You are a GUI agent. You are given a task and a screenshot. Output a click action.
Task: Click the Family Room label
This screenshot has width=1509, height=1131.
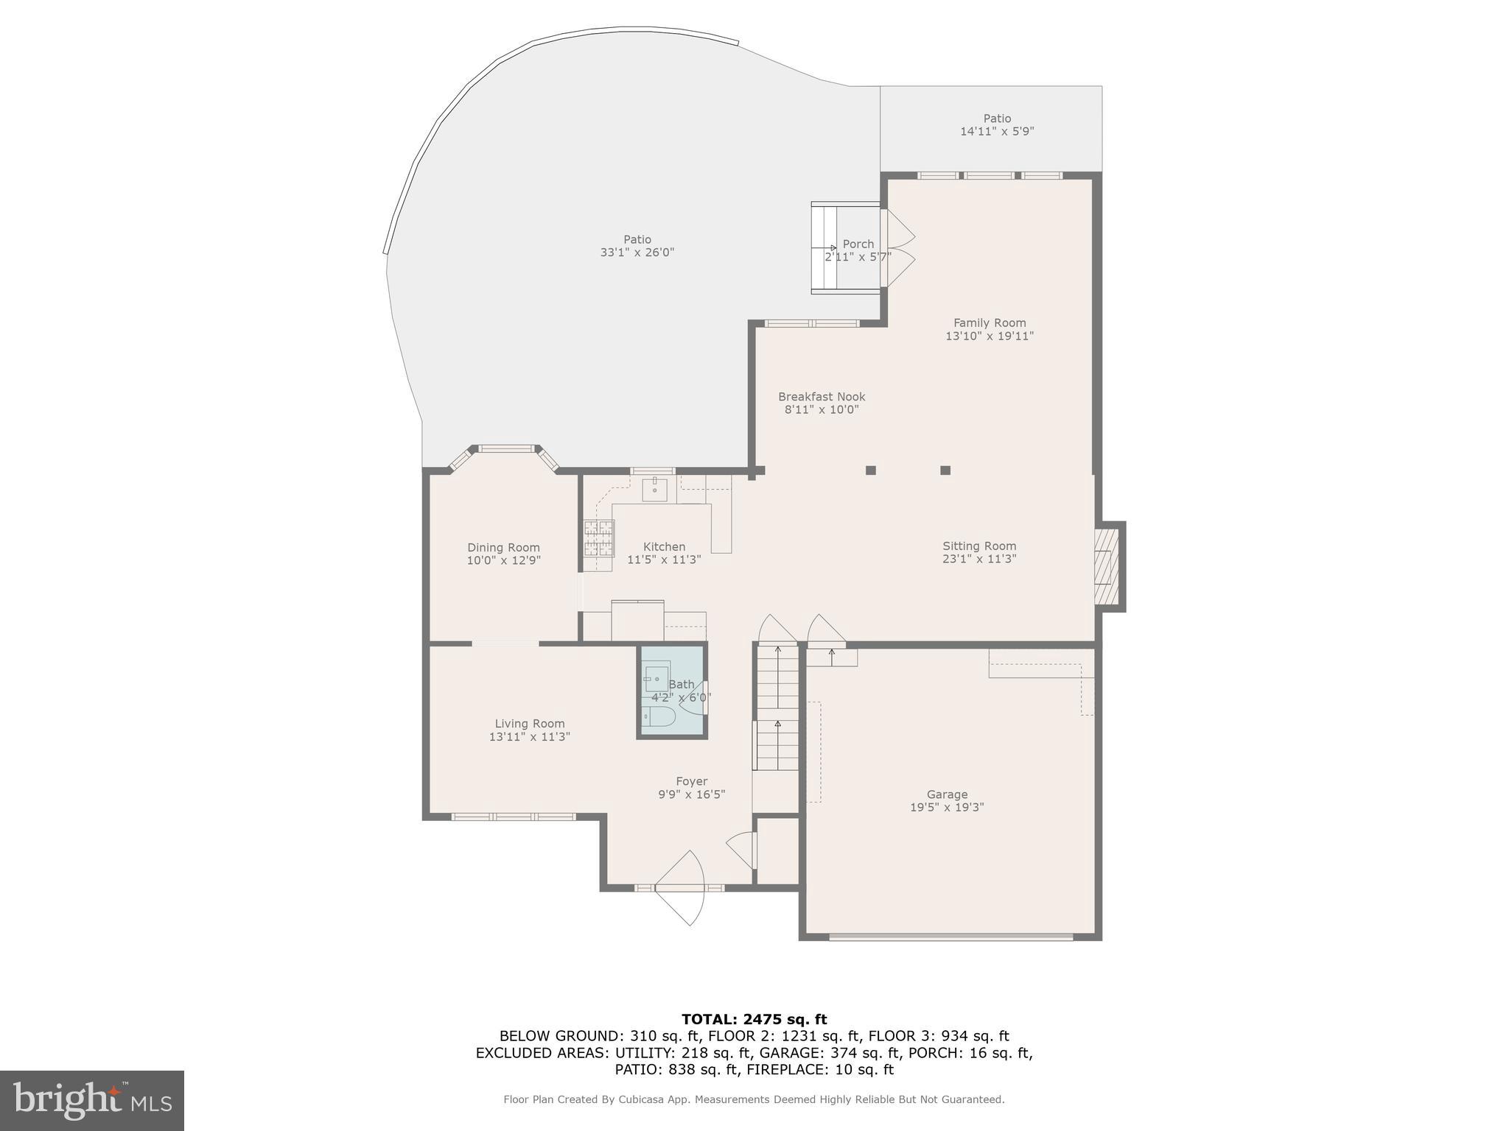click(x=989, y=323)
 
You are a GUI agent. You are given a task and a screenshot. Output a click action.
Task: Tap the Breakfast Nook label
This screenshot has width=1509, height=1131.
click(x=822, y=397)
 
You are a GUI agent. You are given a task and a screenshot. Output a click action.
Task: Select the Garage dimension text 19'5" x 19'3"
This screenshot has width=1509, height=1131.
click(x=947, y=807)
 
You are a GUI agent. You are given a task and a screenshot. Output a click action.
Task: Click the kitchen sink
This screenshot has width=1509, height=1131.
click(x=654, y=489)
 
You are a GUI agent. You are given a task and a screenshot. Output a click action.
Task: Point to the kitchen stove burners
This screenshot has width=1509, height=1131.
click(x=598, y=538)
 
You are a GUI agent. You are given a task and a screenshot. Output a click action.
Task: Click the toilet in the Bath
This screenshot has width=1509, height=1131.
click(x=659, y=716)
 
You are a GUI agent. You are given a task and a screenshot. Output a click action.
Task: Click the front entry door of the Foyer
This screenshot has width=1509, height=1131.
click(x=679, y=888)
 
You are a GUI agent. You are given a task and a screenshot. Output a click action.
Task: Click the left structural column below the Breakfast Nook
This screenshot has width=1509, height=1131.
click(x=870, y=470)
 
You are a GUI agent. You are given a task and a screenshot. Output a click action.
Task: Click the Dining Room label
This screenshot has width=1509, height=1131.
click(x=503, y=548)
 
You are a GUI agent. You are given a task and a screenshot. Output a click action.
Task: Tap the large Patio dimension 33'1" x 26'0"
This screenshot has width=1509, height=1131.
click(x=637, y=253)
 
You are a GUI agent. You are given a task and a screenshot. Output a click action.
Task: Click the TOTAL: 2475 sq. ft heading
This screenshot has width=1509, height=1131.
click(x=754, y=1020)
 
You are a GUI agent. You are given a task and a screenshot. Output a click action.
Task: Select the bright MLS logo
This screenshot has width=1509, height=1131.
click(x=92, y=1100)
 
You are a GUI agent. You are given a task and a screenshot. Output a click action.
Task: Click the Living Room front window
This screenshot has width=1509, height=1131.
click(x=514, y=817)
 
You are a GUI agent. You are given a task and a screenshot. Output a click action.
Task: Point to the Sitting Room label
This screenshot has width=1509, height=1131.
click(x=979, y=546)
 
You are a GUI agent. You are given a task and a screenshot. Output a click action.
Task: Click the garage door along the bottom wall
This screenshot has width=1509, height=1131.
click(x=950, y=937)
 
